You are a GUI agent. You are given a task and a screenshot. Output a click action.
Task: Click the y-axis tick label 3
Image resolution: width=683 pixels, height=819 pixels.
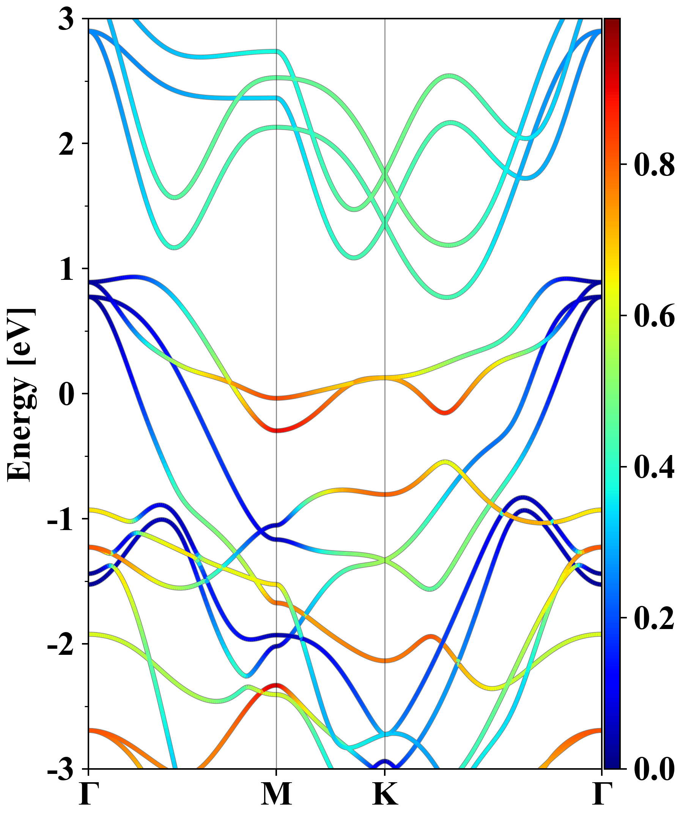66,20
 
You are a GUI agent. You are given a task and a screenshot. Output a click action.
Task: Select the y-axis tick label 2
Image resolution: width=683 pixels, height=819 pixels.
66,145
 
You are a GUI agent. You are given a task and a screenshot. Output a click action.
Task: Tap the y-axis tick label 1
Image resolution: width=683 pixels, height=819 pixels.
66,270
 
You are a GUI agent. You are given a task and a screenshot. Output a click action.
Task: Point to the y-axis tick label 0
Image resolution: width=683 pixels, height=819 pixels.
66,395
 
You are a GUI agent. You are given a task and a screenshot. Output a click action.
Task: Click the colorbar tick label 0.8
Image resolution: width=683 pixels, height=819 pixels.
654,165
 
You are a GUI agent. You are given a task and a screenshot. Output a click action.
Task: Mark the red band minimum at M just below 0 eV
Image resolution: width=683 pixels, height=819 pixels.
276,431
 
